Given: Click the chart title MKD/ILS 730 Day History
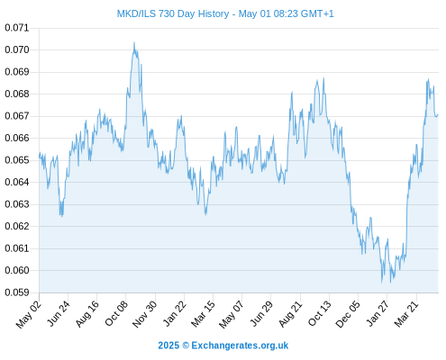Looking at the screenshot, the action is tap(173, 13).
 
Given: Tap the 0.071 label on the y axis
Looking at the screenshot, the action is tap(17, 28).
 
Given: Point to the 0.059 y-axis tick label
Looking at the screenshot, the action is tap(17, 292).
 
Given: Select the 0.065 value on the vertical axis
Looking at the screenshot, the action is tap(17, 160).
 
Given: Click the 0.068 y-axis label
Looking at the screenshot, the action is tap(17, 94).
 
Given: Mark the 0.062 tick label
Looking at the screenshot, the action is tap(17, 226).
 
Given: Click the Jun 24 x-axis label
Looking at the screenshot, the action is tap(59, 313).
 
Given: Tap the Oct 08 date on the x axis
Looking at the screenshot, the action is tap(116, 313).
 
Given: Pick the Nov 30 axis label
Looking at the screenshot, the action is tap(144, 314).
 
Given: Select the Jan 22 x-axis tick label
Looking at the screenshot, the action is tap(174, 313).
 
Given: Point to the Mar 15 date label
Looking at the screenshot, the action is tap(203, 314).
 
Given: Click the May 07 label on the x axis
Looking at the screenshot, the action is tap(231, 314).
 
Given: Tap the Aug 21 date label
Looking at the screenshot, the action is tap(290, 313).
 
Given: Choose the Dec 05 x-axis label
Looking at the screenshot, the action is tap(347, 314).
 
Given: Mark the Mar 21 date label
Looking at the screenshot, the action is tap(406, 314).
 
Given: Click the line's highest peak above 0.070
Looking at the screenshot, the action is tap(134, 42).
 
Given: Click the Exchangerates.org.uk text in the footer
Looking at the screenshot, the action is tap(240, 346).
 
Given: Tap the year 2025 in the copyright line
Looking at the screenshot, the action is tap(168, 346).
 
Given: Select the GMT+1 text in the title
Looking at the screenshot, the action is tap(317, 13).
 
